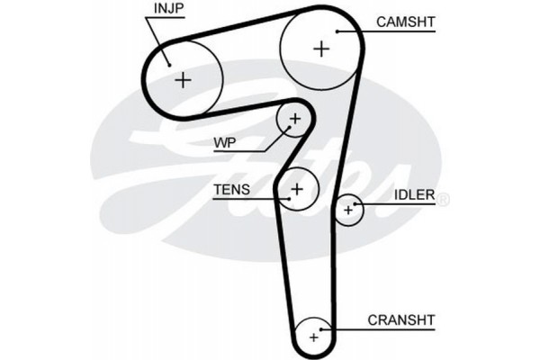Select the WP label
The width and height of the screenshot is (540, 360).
pyautogui.click(x=225, y=142)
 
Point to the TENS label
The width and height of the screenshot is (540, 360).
pyautogui.click(x=229, y=190)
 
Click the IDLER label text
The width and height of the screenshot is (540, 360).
pyautogui.click(x=414, y=194)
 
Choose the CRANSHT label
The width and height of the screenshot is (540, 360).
pyautogui.click(x=400, y=319)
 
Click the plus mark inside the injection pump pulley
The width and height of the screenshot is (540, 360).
pyautogui.click(x=184, y=80)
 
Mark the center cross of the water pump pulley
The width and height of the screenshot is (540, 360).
pyautogui.click(x=295, y=118)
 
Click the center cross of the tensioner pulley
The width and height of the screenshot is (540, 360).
pyautogui.click(x=298, y=188)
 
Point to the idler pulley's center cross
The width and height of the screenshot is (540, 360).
pyautogui.click(x=348, y=211)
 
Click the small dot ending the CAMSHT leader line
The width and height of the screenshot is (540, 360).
pyautogui.click(x=337, y=31)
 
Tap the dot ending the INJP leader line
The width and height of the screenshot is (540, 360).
pyautogui.click(x=169, y=63)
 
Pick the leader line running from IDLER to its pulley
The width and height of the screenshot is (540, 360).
pyautogui.click(x=396, y=205)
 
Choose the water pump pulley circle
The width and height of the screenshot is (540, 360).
pyautogui.click(x=295, y=104)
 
